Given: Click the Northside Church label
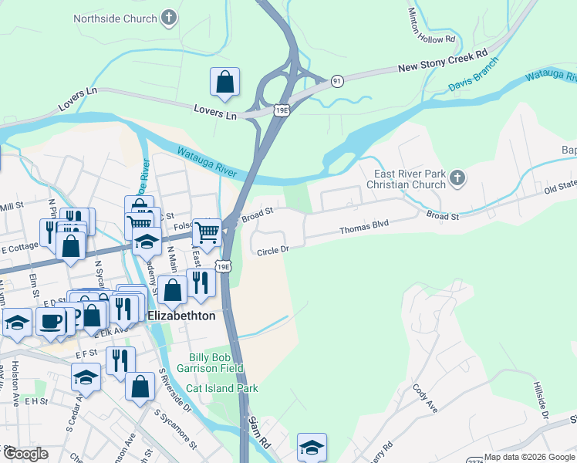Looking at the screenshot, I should [115, 18].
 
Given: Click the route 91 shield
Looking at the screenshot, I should [336, 80].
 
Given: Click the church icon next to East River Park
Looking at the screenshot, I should [457, 179].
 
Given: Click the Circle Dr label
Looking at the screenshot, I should [272, 249].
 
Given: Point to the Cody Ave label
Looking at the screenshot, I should [425, 398].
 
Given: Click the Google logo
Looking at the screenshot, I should [25, 454].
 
